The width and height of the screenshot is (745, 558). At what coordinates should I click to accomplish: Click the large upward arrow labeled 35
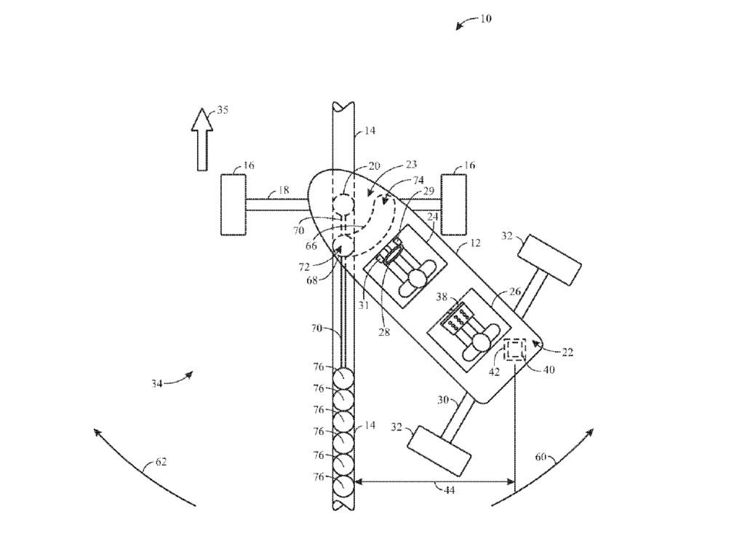click(202, 139)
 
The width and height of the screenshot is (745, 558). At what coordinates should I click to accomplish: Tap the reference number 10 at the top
click(485, 19)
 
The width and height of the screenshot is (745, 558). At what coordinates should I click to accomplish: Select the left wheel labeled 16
click(234, 205)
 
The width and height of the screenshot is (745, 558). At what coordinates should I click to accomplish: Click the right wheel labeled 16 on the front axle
click(454, 205)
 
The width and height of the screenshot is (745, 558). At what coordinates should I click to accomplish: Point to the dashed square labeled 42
click(515, 349)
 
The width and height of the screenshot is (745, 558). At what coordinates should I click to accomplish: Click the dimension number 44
click(449, 490)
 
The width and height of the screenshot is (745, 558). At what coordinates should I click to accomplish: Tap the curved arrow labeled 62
click(144, 467)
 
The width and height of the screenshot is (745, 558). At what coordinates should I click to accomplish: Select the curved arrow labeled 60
click(543, 467)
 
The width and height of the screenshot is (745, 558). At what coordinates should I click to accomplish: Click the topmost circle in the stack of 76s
click(343, 379)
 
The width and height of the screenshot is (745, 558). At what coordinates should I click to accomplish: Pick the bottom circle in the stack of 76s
click(343, 486)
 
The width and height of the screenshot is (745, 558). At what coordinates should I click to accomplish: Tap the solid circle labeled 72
click(343, 246)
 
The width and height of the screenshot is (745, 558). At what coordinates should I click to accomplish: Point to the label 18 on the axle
click(283, 190)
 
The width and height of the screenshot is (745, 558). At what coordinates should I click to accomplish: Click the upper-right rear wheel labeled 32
click(550, 260)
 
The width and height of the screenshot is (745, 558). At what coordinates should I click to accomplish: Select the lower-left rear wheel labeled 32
click(439, 450)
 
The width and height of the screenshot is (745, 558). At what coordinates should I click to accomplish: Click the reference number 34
click(157, 383)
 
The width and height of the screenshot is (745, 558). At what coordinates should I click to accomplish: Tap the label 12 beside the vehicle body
click(474, 243)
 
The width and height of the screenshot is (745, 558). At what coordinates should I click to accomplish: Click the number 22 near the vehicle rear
click(567, 353)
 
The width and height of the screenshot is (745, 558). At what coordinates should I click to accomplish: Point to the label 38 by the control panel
click(442, 297)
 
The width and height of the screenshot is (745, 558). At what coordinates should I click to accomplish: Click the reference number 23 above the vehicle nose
click(411, 165)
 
